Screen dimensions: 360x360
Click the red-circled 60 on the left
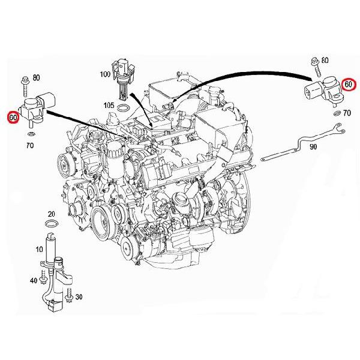pos(13,118)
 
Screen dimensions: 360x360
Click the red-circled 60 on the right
pos(348,84)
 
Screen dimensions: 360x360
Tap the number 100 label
pos(105,74)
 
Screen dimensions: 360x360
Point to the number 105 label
pos(109,106)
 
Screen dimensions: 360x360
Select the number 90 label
pos(313,147)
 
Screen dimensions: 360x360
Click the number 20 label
pos(52,214)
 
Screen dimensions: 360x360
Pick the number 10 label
pos(39,249)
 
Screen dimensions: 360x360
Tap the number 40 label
pos(34,280)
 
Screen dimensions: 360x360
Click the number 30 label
pos(79,297)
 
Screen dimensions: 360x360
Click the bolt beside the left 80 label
pos(25,86)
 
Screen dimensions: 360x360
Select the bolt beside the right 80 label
pos(316,67)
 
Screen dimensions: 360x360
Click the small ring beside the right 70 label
pos(337,113)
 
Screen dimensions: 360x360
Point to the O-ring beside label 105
pos(123,107)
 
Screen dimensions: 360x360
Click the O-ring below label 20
pos(52,223)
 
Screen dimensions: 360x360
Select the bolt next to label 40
pos(43,277)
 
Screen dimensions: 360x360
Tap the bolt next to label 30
pos(68,295)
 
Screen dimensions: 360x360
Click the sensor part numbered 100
pos(123,79)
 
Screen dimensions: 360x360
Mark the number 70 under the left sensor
pos(30,145)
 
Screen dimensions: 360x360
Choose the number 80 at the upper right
pos(325,61)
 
